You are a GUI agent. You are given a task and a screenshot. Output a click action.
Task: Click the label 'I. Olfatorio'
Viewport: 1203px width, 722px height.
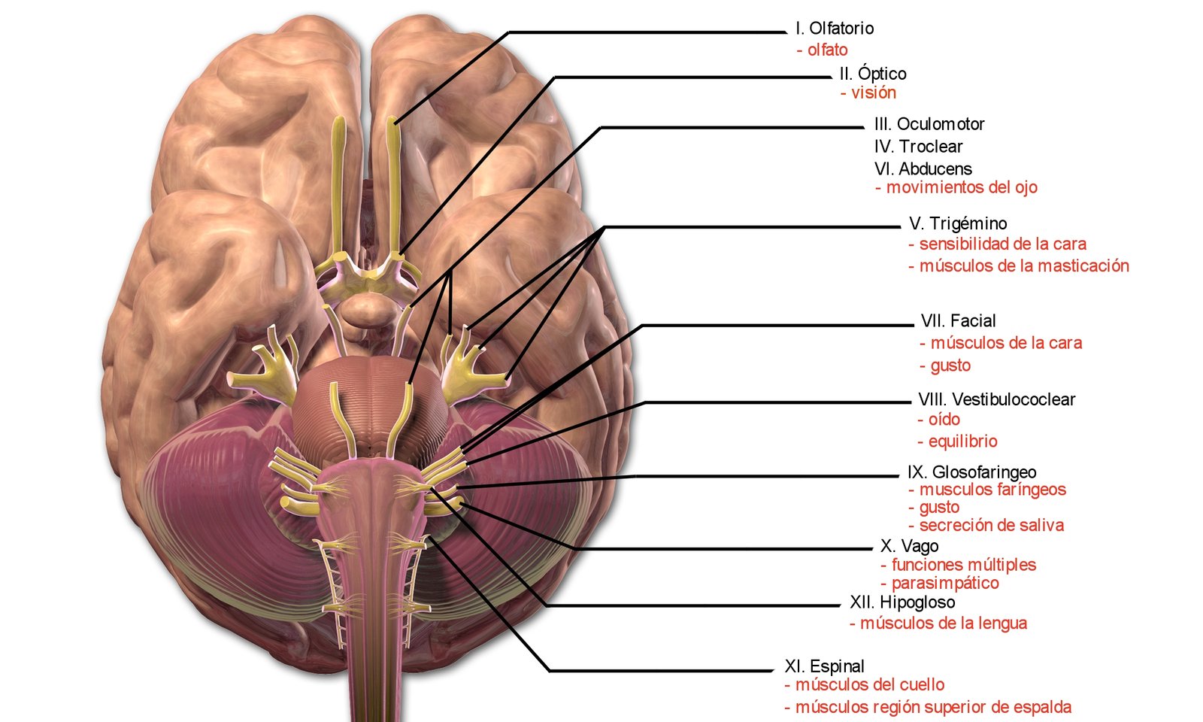[x=835, y=29]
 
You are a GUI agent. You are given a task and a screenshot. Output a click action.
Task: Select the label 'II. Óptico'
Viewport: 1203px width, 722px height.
[x=873, y=73]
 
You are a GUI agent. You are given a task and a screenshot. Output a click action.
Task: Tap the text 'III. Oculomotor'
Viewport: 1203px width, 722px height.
[x=929, y=124]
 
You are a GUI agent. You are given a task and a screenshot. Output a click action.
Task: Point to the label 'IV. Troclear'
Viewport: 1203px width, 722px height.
[x=918, y=147]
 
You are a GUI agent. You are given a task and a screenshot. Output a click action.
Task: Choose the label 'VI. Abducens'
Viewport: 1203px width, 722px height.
[x=923, y=169]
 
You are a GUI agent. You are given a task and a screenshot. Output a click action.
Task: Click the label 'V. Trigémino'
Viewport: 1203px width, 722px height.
[x=958, y=223]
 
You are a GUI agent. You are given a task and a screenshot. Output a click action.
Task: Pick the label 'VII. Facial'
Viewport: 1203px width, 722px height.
[x=958, y=321]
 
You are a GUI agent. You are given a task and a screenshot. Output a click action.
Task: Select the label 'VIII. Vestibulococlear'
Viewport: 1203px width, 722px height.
[x=996, y=399]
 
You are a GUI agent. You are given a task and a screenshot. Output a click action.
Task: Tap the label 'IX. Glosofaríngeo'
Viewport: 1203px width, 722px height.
[x=971, y=472]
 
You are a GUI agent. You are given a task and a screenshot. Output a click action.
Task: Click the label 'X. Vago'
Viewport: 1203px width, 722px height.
[x=909, y=546]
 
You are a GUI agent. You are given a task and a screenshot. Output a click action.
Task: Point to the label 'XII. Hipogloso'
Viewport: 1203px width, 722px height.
[x=902, y=602]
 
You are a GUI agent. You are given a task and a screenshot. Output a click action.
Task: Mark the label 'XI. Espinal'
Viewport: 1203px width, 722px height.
[x=824, y=666]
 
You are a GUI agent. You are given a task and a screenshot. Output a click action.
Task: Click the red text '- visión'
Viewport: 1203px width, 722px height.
[x=868, y=93]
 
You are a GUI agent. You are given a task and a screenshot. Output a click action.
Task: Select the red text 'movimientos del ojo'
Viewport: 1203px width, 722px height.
[x=962, y=187]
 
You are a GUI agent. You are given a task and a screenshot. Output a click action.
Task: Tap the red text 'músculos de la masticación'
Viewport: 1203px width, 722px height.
[x=1024, y=265]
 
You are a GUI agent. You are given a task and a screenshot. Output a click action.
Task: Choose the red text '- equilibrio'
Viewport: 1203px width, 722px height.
[x=957, y=441]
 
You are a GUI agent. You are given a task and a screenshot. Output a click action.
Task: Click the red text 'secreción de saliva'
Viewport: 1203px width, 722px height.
[x=992, y=526]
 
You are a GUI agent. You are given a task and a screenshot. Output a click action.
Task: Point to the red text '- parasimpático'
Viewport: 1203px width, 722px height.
[x=940, y=584]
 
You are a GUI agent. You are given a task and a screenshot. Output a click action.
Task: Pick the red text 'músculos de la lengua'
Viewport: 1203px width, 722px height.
[x=944, y=623]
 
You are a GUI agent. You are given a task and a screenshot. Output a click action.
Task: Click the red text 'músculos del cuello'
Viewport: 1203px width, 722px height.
[x=870, y=685]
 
